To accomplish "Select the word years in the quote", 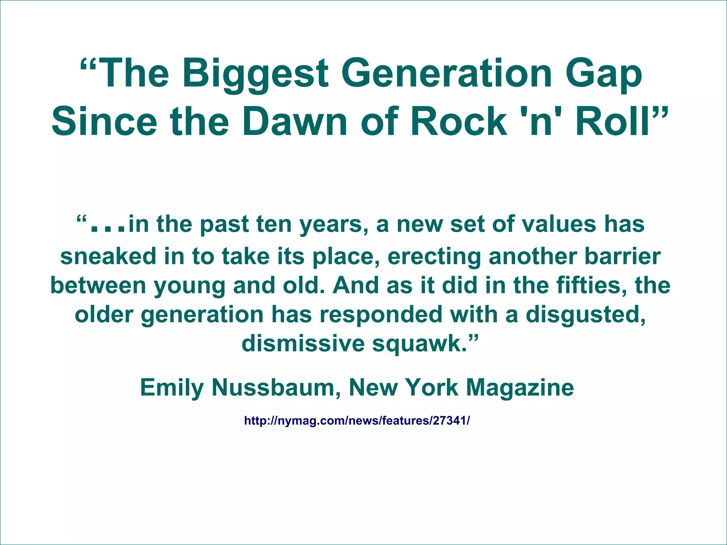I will pos(333,225).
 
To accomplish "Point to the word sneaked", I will pos(108,256).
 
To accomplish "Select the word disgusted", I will pos(586,315).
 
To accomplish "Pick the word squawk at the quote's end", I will pos(419,344).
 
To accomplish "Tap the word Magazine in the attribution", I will pos(520,388).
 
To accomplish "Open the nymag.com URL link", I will pos(357,421).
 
